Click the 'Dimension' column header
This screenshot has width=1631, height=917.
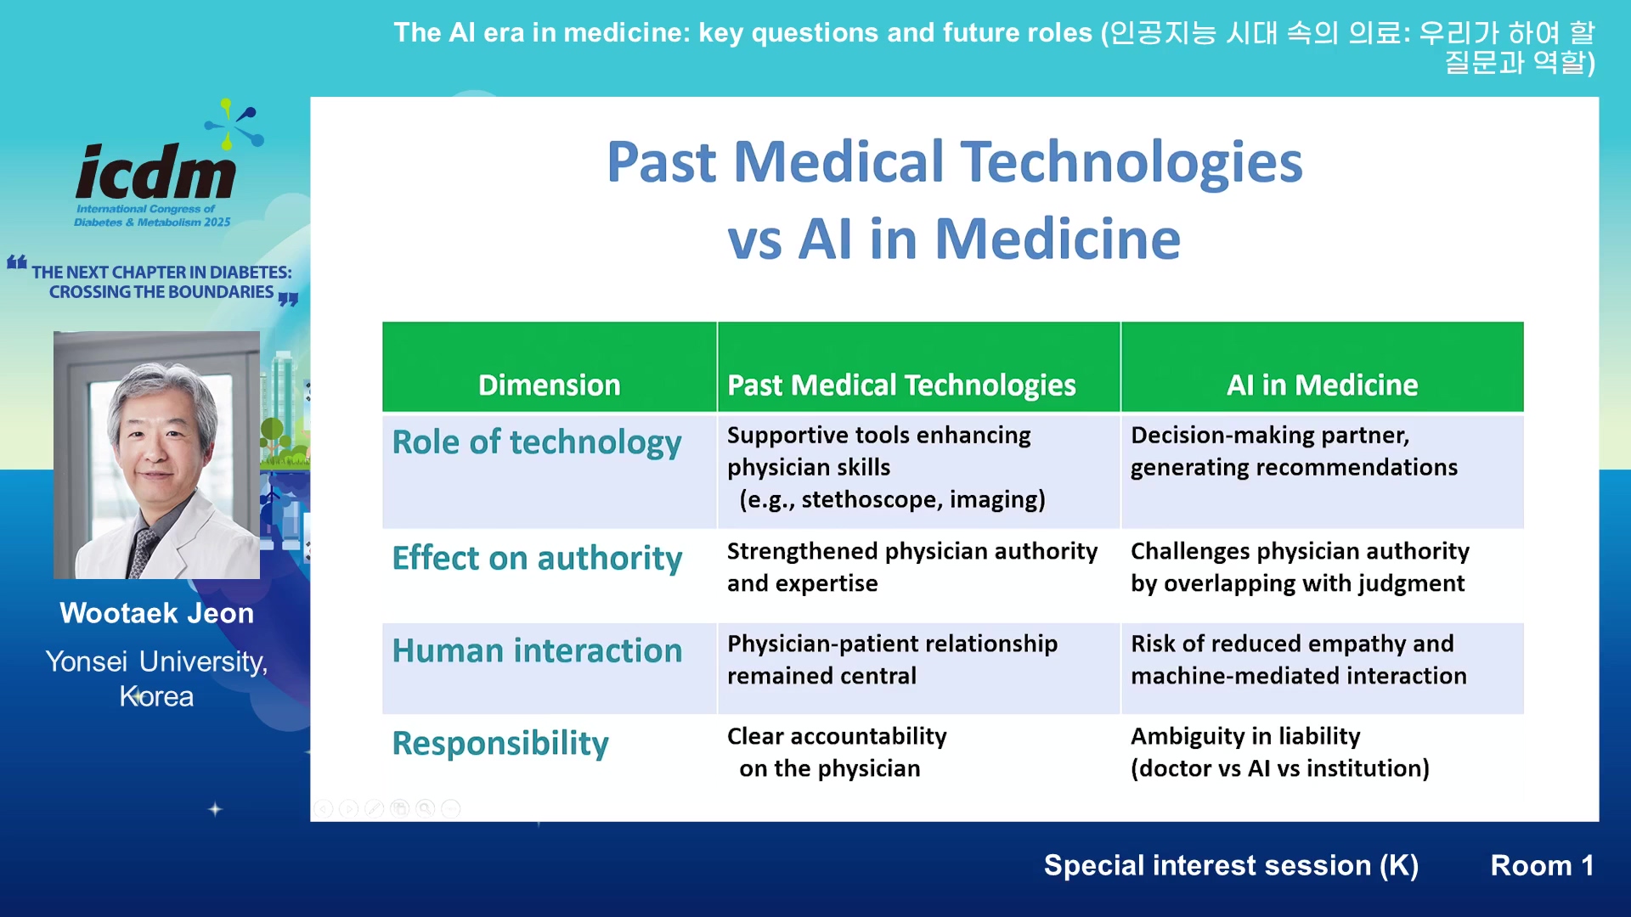pyautogui.click(x=549, y=385)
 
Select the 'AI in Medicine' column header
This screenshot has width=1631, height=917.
pyautogui.click(x=1322, y=385)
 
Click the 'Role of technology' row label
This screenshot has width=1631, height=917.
pyautogui.click(x=537, y=442)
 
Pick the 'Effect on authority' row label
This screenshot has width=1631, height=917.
pyautogui.click(x=537, y=559)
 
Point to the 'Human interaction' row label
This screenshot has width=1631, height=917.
pyautogui.click(x=537, y=651)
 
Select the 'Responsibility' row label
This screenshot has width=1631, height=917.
pyautogui.click(x=500, y=744)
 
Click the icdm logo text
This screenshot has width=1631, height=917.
pyautogui.click(x=156, y=172)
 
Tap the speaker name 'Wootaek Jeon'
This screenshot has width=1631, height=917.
pyautogui.click(x=156, y=613)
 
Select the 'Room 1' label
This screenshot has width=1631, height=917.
pyautogui.click(x=1542, y=865)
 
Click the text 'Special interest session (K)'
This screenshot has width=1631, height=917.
pyautogui.click(x=1231, y=865)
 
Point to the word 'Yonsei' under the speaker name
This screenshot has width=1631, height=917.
pyautogui.click(x=87, y=661)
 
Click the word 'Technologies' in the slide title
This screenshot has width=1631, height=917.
pyautogui.click(x=1132, y=162)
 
